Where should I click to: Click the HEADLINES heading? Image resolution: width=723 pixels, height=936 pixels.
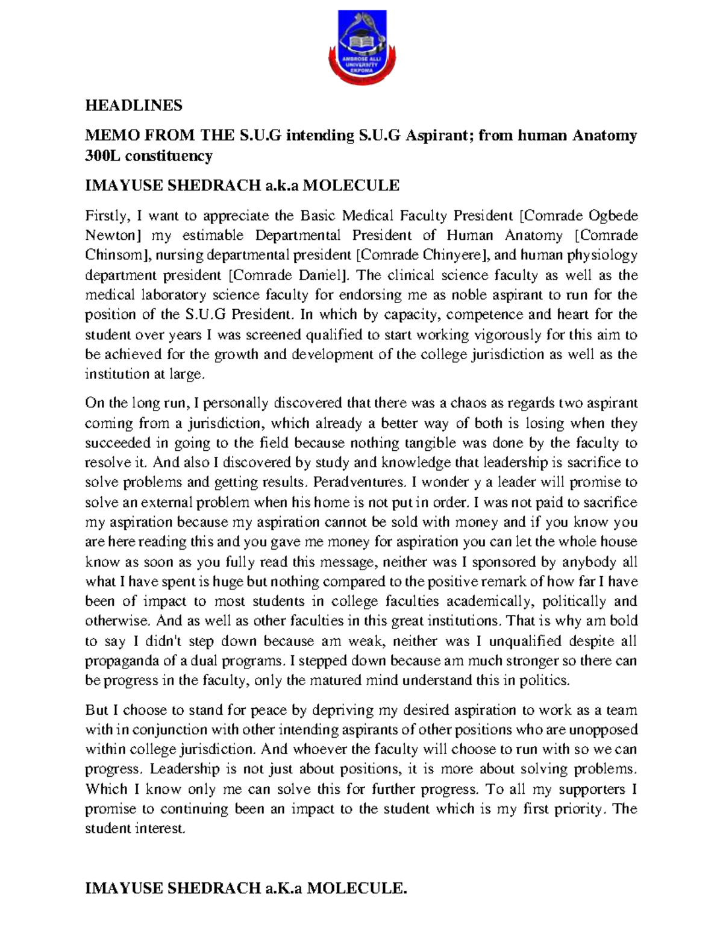pyautogui.click(x=134, y=105)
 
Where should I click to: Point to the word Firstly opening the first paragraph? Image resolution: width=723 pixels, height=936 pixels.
pyautogui.click(x=105, y=215)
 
